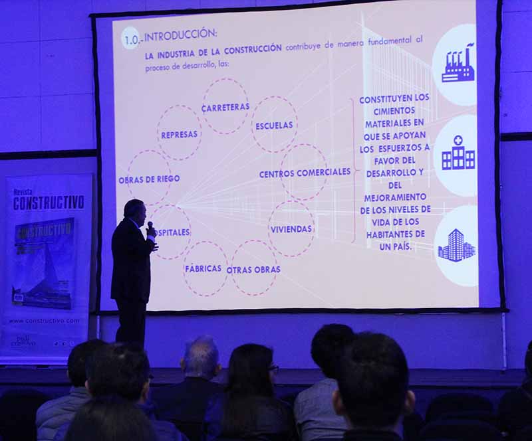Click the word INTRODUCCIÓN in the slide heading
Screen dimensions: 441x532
point(180,35)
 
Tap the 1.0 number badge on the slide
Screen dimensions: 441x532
point(130,39)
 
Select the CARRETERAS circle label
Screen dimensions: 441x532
point(225,106)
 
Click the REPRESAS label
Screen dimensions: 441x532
point(179,134)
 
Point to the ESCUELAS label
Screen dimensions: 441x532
point(274,125)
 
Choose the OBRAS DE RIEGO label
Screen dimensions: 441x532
point(149,179)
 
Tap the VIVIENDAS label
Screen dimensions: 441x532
point(291,229)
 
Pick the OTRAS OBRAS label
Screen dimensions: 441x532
point(253,270)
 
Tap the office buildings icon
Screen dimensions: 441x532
point(457,245)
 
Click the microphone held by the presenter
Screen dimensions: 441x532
point(150,226)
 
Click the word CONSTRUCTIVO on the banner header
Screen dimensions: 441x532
point(49,202)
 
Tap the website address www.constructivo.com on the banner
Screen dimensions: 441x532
point(45,321)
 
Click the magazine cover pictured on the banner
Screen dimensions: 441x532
point(43,263)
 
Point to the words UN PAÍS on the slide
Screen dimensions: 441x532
point(395,246)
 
